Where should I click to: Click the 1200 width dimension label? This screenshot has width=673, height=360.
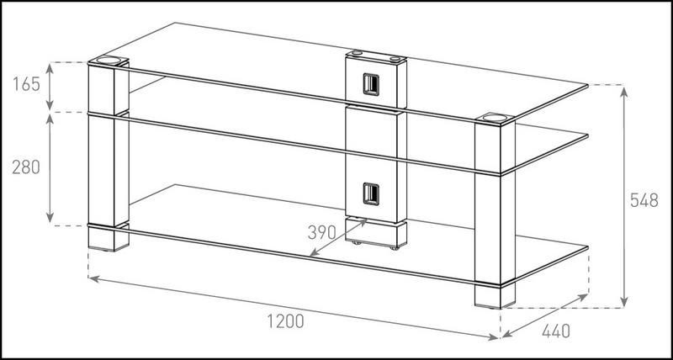pyautogui.click(x=286, y=320)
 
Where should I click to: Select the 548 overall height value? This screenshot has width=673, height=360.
pyautogui.click(x=645, y=201)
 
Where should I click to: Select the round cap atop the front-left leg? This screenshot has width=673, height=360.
pyautogui.click(x=109, y=61)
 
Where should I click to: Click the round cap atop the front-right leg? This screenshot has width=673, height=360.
pyautogui.click(x=493, y=119)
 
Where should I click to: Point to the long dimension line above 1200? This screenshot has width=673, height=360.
pyautogui.click(x=294, y=306)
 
